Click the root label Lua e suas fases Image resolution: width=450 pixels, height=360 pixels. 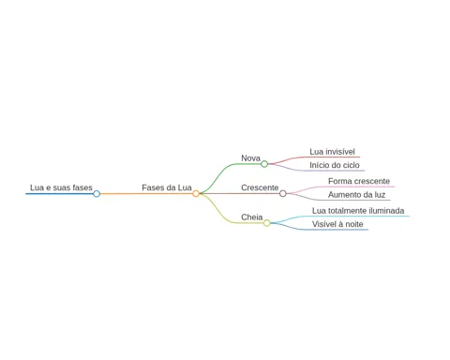61,187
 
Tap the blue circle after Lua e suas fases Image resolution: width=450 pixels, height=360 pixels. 97,194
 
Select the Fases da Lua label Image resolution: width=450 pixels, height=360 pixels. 167,187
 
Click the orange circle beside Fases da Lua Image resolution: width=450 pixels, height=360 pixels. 196,194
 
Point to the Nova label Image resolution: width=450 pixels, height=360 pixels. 250,158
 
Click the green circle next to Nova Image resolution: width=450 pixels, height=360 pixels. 264,164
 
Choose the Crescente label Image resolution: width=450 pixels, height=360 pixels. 260,187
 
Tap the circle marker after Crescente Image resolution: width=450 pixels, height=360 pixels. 283,194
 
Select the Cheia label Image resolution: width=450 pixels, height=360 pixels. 252,217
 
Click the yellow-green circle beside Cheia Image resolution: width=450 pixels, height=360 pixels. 267,223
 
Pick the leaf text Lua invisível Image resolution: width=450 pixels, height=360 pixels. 332,152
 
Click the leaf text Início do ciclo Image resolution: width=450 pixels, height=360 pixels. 335,165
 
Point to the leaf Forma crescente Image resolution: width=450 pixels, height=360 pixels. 359,181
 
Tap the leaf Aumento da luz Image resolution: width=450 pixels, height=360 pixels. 356,195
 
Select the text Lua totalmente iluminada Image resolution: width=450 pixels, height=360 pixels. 358,211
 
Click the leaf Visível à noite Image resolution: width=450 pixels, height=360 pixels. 337,224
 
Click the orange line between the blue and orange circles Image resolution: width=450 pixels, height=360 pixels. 146,194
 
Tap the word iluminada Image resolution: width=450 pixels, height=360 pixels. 386,211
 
